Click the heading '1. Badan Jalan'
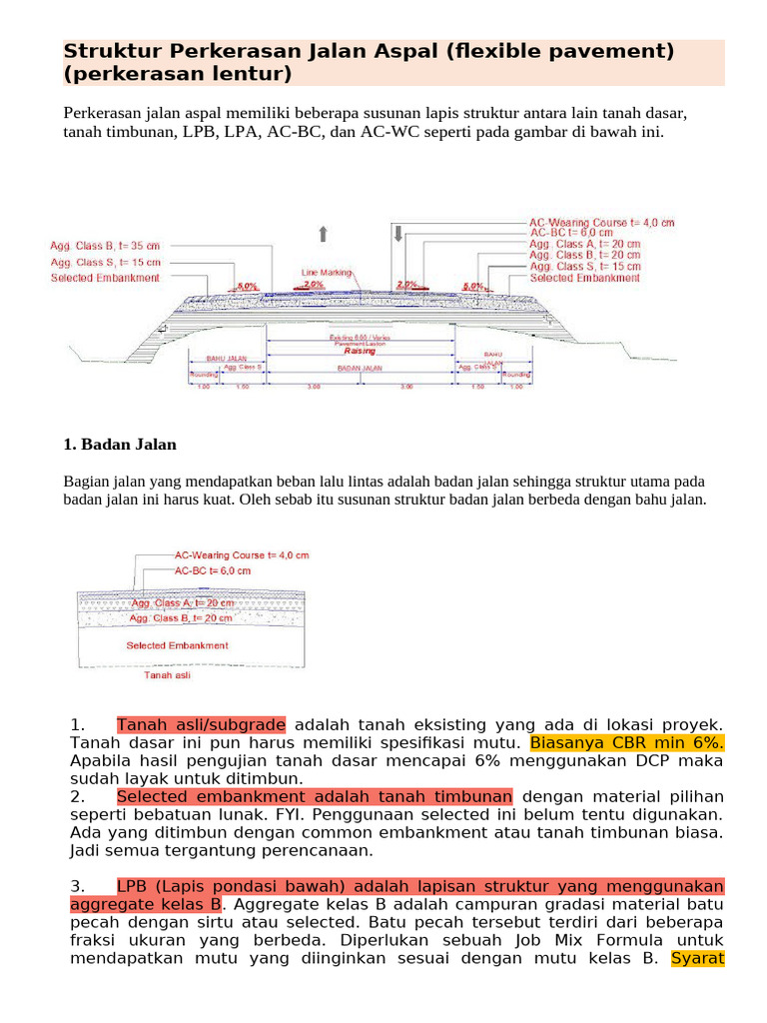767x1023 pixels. pos(119,444)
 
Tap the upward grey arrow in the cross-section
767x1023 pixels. pos(323,234)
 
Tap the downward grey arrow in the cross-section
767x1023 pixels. pos(397,234)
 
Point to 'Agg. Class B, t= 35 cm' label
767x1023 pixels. pos(105,245)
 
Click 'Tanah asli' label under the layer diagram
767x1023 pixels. pos(167,675)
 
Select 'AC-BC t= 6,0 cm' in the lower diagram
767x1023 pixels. pos(213,570)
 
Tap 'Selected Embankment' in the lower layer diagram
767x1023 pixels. pos(177,645)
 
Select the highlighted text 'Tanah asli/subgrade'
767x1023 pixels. pos(201,724)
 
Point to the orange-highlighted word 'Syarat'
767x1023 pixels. pos(697,959)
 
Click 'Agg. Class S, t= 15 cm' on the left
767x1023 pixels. pos(105,262)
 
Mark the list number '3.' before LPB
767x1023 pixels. pos(80,887)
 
